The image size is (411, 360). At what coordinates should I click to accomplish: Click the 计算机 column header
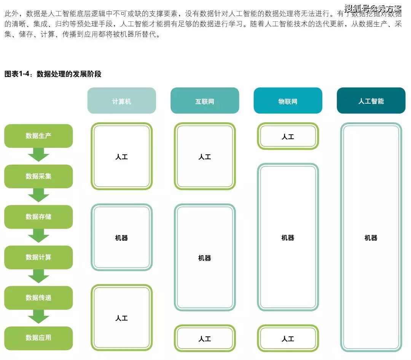pos(122,101)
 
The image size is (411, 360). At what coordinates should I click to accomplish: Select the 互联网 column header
pos(205,101)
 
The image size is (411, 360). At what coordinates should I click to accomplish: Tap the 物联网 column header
pos(288,101)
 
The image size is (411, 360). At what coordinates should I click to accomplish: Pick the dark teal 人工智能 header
pos(371,101)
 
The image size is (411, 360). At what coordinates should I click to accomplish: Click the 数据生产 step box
pos(38,136)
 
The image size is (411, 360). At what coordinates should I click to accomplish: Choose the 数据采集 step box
pos(38,176)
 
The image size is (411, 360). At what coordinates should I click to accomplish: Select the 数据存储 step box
pos(38,217)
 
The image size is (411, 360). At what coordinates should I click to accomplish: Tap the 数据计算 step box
pos(38,257)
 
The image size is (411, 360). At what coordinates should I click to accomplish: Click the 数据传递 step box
pos(38,298)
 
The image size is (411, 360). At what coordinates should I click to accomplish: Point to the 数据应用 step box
pos(38,338)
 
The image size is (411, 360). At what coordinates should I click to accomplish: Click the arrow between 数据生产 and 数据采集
pos(38,155)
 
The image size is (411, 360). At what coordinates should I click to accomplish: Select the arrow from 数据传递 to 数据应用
pos(38,317)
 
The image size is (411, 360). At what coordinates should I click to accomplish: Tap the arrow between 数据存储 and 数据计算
pos(38,236)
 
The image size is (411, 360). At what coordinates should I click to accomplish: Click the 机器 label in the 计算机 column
pos(122,238)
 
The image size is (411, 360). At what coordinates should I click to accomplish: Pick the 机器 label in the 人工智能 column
pos(371,238)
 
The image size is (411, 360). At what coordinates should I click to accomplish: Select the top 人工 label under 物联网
pos(288,137)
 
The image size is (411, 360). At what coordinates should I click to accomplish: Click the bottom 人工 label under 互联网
pos(205,339)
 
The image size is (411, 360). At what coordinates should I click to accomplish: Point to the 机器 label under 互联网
pos(205,258)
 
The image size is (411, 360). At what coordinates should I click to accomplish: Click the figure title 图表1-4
pos(17,74)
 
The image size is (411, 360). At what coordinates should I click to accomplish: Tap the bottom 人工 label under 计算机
pos(122,318)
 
